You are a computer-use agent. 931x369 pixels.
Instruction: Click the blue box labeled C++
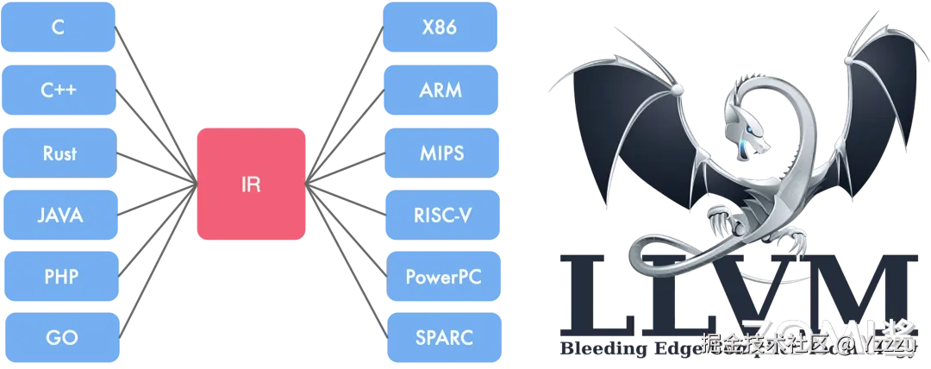click(x=59, y=90)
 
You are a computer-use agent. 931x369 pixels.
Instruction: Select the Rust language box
click(x=59, y=153)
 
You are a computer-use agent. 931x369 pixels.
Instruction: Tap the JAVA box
click(x=59, y=216)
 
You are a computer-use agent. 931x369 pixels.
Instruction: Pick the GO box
click(x=59, y=338)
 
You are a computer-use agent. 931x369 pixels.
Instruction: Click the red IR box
click(x=251, y=184)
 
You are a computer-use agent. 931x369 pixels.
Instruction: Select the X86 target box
click(x=440, y=28)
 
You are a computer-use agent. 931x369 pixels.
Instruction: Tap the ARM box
click(x=440, y=91)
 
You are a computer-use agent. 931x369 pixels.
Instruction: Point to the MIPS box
click(x=440, y=153)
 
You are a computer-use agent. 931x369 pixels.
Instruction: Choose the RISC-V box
click(x=440, y=216)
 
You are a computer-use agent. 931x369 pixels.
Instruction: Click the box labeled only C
click(x=59, y=27)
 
